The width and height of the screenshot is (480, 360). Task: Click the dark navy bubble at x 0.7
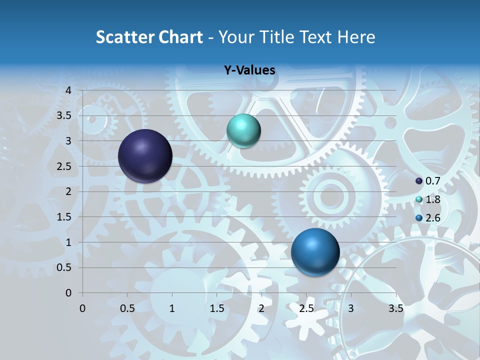point(145,156)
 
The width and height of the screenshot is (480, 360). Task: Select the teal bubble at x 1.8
point(243,131)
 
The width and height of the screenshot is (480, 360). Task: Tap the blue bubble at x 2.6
point(315,252)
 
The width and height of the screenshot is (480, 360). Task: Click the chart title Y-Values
point(249,70)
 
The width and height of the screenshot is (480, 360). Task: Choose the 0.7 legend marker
point(419,181)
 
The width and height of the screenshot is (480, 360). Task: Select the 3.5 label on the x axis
point(395,308)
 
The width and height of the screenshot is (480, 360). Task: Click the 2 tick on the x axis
point(261,308)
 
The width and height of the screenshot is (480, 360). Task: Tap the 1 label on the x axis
point(172,308)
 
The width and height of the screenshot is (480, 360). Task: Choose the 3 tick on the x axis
point(351,308)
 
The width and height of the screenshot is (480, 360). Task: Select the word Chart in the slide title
point(180,37)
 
